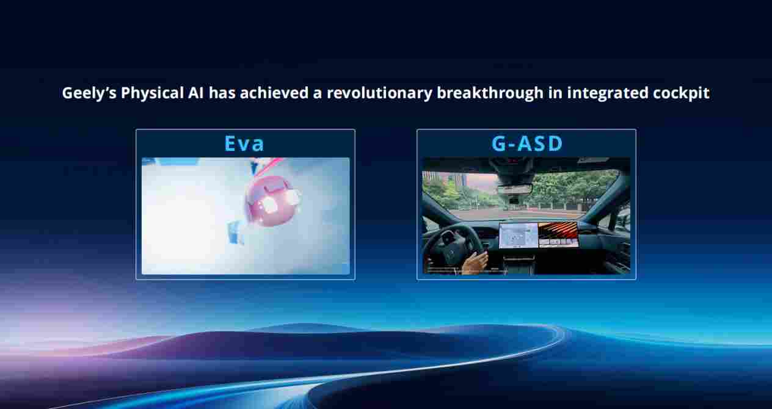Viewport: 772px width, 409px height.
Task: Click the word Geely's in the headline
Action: point(89,93)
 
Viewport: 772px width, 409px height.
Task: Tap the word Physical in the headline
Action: point(152,93)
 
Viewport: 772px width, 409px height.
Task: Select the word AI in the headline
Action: point(196,93)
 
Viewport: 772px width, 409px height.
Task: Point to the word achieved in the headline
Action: point(274,93)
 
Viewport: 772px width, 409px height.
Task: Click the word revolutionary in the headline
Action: point(379,93)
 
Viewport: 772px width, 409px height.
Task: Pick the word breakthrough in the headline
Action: point(490,93)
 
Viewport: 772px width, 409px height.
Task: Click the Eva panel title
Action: point(244,143)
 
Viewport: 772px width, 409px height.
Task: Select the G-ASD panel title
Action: point(527,143)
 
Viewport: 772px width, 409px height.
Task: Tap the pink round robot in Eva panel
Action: point(272,201)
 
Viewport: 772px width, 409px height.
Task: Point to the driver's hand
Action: point(475,262)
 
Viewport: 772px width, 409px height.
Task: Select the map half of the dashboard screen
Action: point(519,236)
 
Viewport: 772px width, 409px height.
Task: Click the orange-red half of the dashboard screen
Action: point(558,234)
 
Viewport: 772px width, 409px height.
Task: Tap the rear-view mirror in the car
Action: point(515,189)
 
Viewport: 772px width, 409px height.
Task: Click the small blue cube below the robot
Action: point(235,231)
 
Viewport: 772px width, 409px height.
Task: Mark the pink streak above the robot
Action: point(269,167)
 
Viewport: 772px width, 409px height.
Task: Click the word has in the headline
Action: point(222,93)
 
